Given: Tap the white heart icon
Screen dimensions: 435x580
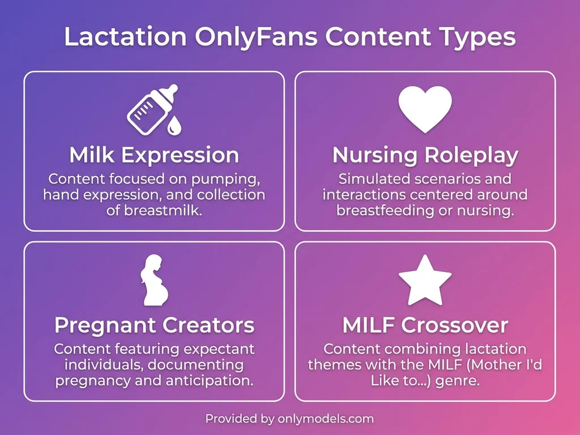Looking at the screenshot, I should click(x=425, y=109).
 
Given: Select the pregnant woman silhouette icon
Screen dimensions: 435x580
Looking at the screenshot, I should click(x=153, y=280).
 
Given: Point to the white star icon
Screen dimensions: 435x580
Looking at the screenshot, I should click(x=425, y=281).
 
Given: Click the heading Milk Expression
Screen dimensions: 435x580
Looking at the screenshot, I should click(x=153, y=155).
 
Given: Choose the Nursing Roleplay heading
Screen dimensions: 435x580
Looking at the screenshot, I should click(x=425, y=155).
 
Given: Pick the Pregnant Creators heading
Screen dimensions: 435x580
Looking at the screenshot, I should click(x=153, y=326).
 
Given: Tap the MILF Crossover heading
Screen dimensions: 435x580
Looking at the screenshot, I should click(x=425, y=326).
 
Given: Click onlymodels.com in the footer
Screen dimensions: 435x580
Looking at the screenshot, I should click(x=325, y=419).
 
